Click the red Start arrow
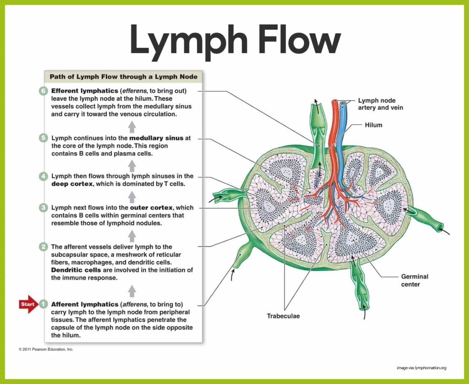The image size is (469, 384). click(x=28, y=304)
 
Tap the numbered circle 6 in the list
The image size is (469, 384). click(x=43, y=91)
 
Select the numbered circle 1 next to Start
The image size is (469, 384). click(x=43, y=304)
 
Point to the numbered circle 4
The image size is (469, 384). click(x=43, y=176)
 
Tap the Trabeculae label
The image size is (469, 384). click(x=284, y=316)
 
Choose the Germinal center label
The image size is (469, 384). click(x=414, y=280)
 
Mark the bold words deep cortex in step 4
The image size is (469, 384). click(x=70, y=184)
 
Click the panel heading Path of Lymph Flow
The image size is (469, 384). click(x=123, y=77)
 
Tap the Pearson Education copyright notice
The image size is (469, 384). click(x=46, y=349)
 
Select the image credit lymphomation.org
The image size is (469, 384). click(x=421, y=368)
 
